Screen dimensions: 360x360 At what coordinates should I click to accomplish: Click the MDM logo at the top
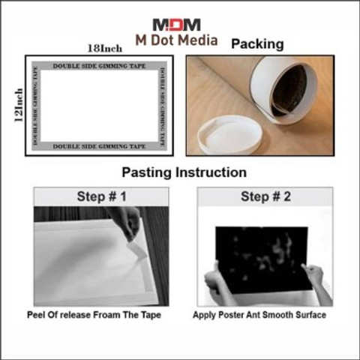176,25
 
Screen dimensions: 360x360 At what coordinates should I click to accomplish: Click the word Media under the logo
197,40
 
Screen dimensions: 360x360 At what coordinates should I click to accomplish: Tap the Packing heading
257,44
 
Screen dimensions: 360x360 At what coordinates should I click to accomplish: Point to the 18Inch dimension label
105,49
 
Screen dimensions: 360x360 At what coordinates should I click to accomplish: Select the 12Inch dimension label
19,105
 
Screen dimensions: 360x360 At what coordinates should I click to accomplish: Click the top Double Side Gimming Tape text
99,66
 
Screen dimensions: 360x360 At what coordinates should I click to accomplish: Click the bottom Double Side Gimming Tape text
99,146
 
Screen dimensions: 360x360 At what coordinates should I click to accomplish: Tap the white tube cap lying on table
230,135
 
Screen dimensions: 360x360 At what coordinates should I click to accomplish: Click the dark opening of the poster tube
289,91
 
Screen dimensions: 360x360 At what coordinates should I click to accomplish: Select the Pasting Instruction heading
184,172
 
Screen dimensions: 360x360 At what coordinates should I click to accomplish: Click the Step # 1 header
101,196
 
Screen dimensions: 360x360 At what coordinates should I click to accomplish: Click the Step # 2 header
265,196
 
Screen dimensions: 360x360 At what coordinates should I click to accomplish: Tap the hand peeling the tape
125,221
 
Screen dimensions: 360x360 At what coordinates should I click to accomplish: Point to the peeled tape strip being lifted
136,250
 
